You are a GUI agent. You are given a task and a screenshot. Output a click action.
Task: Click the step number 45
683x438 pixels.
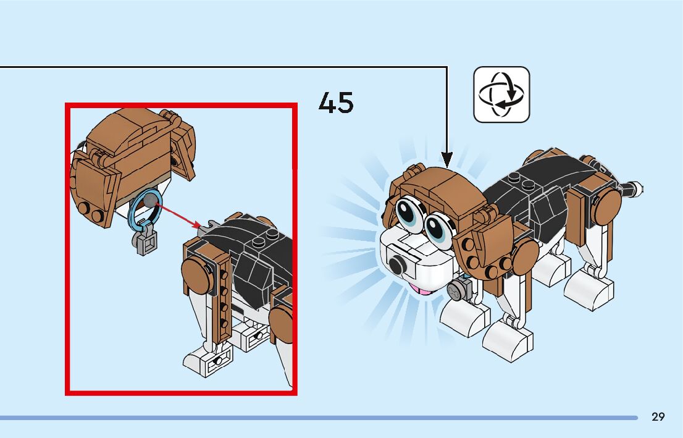[x=336, y=102]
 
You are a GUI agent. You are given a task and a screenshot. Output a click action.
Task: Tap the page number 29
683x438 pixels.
[x=658, y=417]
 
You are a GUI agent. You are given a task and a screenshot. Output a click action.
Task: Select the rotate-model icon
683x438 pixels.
[x=501, y=95]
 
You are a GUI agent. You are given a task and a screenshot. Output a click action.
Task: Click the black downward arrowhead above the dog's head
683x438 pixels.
[x=447, y=159]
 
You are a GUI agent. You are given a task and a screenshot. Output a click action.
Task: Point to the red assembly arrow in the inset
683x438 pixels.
[x=179, y=216]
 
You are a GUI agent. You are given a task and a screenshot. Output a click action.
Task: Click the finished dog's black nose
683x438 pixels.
[x=396, y=266]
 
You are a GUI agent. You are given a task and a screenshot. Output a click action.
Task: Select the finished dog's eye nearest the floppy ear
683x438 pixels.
[x=438, y=226]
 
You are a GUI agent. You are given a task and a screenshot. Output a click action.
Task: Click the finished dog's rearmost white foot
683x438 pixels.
[x=589, y=288]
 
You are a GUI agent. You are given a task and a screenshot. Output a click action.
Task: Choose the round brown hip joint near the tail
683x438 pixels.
[x=607, y=202]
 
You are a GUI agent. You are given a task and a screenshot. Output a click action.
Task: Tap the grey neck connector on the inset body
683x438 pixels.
[x=208, y=225]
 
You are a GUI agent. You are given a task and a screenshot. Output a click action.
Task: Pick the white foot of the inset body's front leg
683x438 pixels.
[x=207, y=361]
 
